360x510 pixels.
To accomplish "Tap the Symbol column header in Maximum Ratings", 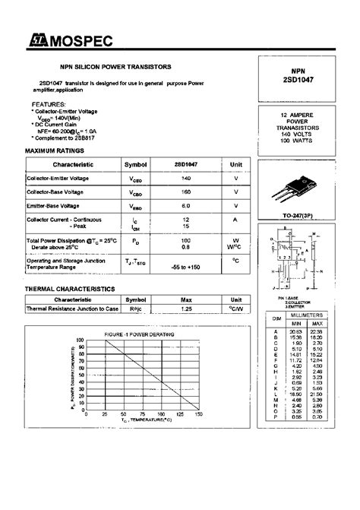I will (x=136, y=163).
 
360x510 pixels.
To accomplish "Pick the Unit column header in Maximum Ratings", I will (x=236, y=163).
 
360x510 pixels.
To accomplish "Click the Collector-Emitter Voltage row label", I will (x=69, y=177).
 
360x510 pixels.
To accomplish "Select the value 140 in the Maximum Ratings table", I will (x=186, y=177).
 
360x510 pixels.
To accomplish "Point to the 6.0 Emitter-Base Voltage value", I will (x=186, y=205).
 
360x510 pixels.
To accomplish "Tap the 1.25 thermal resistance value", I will (x=186, y=309).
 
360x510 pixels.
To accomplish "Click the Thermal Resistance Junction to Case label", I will (x=72, y=309).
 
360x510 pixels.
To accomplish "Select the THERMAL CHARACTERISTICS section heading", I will (x=70, y=290).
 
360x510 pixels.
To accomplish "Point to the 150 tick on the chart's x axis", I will (x=200, y=415).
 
